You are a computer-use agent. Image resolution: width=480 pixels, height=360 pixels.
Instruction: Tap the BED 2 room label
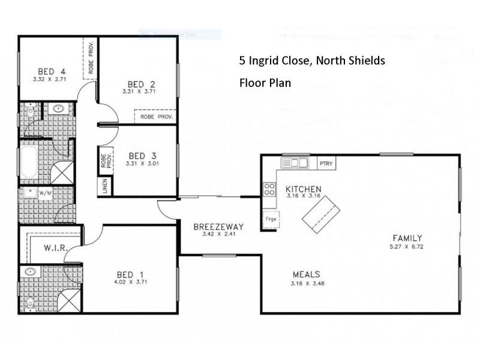[x=142, y=84]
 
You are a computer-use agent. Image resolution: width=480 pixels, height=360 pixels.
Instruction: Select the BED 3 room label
[x=142, y=154]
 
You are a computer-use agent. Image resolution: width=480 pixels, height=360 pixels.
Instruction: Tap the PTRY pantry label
[x=326, y=163]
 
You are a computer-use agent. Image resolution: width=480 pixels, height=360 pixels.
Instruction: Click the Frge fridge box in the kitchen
[x=271, y=220]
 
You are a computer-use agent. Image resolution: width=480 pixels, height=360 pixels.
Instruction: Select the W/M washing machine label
[x=45, y=193]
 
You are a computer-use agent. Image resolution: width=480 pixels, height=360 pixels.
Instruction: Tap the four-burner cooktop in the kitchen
[x=269, y=190]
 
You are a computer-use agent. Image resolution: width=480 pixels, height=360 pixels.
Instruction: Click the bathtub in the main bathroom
[x=29, y=161]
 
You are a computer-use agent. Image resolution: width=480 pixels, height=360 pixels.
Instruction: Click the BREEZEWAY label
[x=218, y=227]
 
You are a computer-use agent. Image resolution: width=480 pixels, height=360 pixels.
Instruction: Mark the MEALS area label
[x=305, y=275]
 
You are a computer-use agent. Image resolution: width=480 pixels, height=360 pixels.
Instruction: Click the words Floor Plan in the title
[x=265, y=83]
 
